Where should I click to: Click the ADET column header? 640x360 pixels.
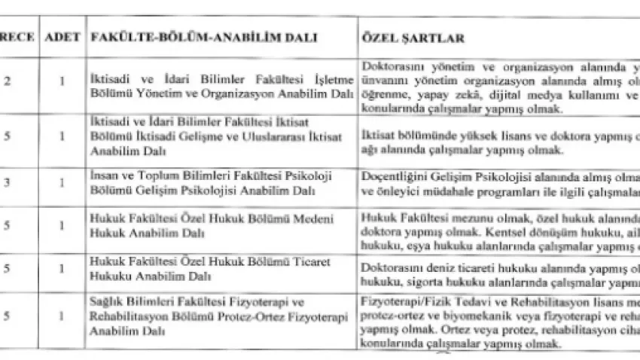[x=64, y=36]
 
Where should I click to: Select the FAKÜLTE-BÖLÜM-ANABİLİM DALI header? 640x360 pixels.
[x=203, y=36]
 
